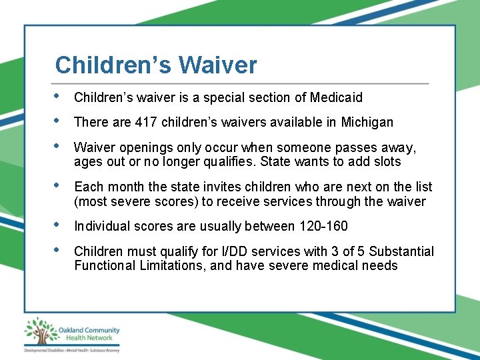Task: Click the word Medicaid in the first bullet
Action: pos(337,98)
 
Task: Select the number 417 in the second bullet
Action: pos(146,123)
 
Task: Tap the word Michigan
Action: pos(367,123)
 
